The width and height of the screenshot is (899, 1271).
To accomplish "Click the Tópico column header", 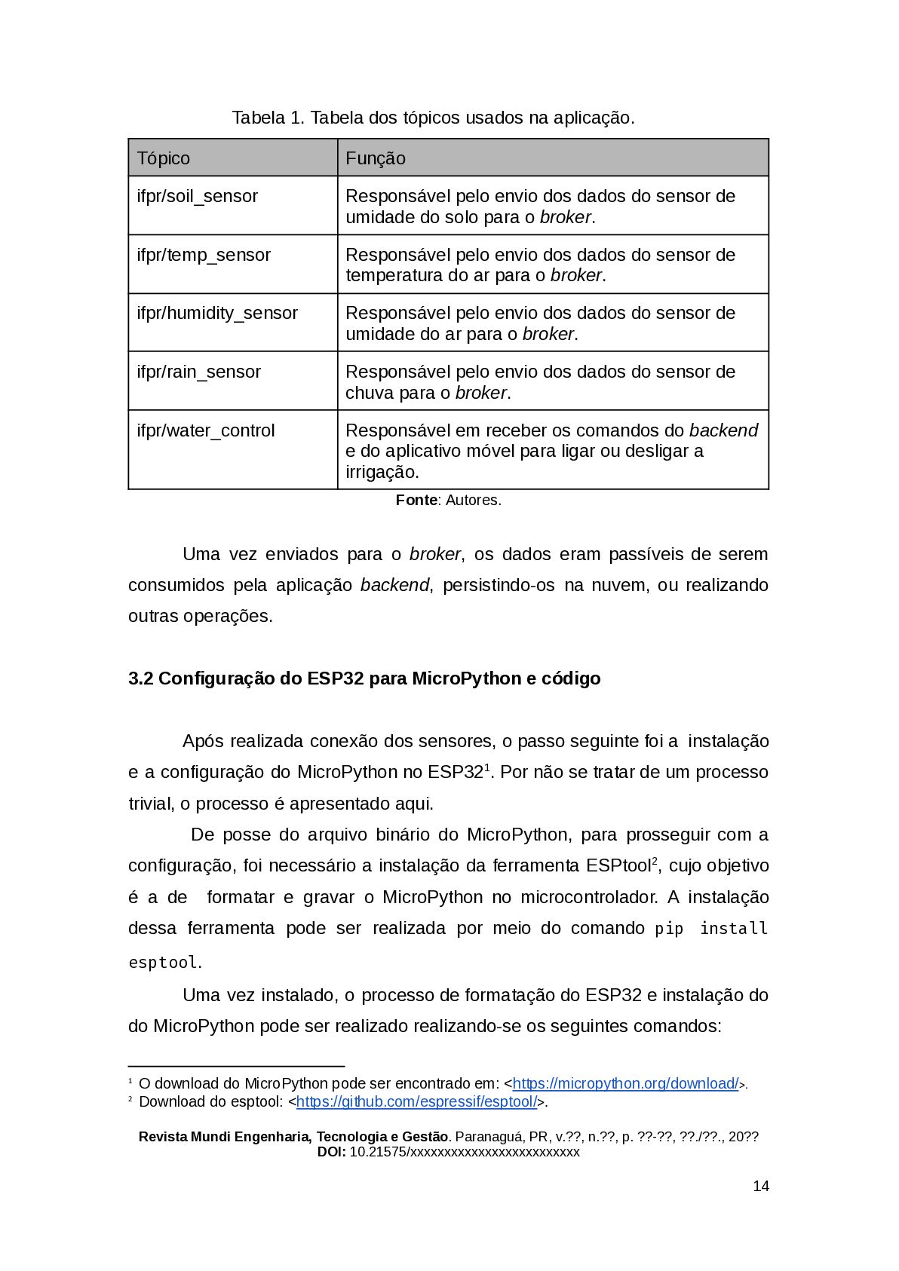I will (x=164, y=158).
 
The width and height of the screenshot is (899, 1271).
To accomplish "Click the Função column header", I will (x=376, y=158).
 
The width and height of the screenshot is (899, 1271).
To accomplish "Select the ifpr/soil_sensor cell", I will (x=198, y=196).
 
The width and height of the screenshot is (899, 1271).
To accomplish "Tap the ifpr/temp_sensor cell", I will (x=204, y=255).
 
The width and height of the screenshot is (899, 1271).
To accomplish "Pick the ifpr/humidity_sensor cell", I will (x=217, y=313).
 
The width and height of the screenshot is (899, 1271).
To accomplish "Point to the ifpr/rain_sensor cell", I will (x=199, y=372).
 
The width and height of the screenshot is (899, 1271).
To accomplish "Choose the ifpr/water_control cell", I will (x=206, y=430).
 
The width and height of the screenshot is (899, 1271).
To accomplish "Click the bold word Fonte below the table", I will (x=416, y=500).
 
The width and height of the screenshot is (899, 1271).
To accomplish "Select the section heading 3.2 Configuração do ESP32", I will (x=364, y=678).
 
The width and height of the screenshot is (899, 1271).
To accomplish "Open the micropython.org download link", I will (x=625, y=1083).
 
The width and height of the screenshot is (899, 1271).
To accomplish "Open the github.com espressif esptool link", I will (x=416, y=1101).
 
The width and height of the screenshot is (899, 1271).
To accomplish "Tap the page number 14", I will (x=761, y=1186).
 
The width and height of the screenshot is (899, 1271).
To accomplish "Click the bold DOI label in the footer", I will (x=331, y=1152).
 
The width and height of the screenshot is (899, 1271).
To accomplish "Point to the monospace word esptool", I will (x=163, y=963).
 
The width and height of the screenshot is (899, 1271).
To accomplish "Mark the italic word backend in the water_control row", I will (x=723, y=430).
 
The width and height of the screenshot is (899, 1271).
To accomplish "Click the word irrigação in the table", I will (x=382, y=472).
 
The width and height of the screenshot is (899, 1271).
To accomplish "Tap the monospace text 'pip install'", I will (x=710, y=929).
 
